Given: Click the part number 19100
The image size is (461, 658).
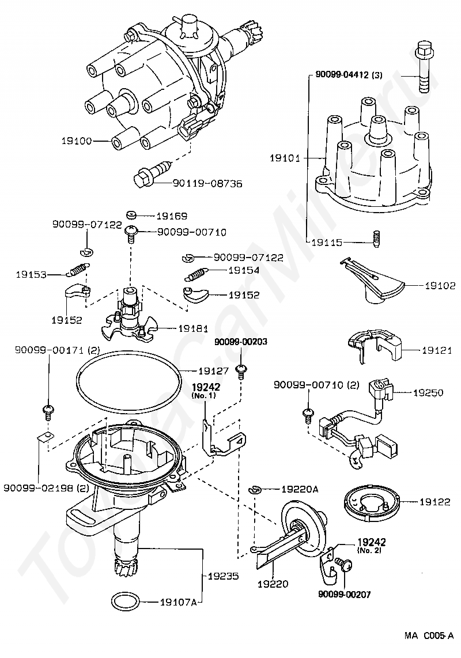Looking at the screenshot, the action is click(x=77, y=141).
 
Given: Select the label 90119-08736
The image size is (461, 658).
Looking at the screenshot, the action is click(x=207, y=183).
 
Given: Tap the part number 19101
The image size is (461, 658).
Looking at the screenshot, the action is click(x=285, y=158).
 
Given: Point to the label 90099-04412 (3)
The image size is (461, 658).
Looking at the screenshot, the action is click(x=349, y=75).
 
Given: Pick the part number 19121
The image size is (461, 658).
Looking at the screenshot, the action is click(x=437, y=350).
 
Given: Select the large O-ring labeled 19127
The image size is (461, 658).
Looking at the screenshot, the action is click(x=129, y=381).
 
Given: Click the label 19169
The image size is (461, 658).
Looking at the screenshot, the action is click(x=172, y=216).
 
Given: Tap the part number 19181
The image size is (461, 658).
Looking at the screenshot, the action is click(x=194, y=328).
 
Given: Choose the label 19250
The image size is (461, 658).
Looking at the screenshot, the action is click(x=428, y=393).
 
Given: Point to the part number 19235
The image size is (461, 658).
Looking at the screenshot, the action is click(x=224, y=576).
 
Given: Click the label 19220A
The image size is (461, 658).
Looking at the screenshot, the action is click(x=300, y=489).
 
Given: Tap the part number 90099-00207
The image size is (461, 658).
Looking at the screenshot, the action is click(x=345, y=594).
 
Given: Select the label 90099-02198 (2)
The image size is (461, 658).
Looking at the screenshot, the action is click(x=46, y=489).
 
